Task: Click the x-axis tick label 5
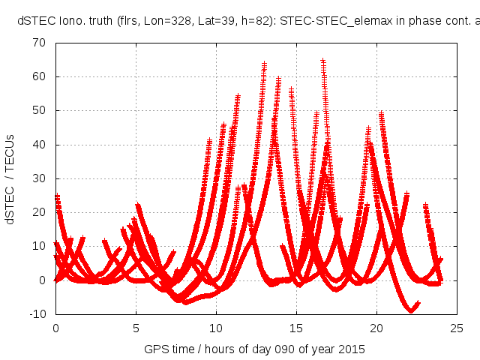pyautogui.click(x=136, y=328)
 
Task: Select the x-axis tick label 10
pyautogui.click(x=216, y=328)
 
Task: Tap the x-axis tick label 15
pyautogui.click(x=296, y=328)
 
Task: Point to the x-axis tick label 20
pyautogui.click(x=376, y=328)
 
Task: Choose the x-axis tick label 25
pyautogui.click(x=457, y=328)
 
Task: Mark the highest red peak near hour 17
pyautogui.click(x=323, y=61)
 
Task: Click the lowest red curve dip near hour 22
pyautogui.click(x=411, y=309)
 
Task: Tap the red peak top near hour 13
pyautogui.click(x=265, y=64)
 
